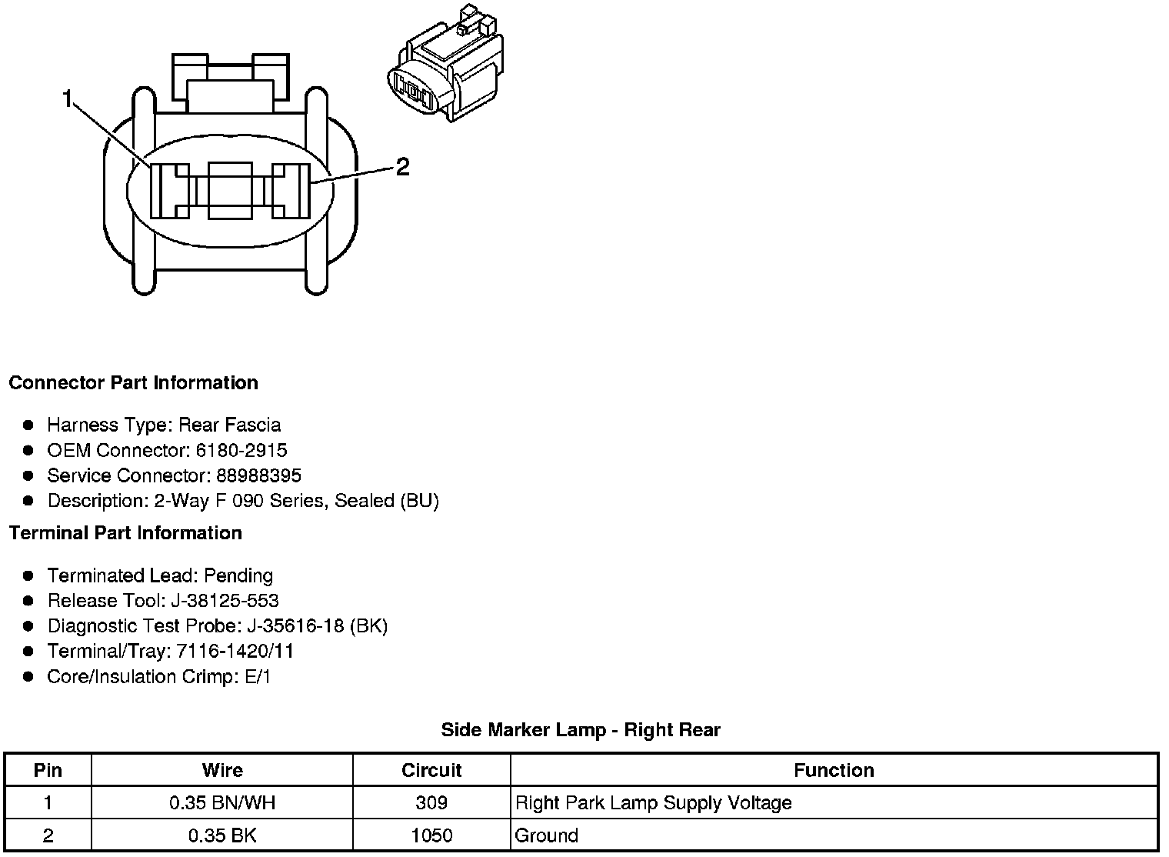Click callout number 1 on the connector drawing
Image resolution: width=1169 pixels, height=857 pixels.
[x=67, y=98]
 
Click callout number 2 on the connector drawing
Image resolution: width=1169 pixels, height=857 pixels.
[x=402, y=166]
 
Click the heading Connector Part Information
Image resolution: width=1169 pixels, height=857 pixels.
[x=133, y=383]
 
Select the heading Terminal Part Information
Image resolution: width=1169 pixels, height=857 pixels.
[x=125, y=533]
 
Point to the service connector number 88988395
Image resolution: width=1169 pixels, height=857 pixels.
[x=258, y=475]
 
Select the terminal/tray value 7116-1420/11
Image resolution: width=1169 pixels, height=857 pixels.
[x=235, y=652]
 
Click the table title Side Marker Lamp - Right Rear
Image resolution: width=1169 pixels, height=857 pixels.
[x=581, y=730]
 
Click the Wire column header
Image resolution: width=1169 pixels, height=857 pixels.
[x=222, y=770]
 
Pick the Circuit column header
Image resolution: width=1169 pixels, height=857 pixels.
[x=431, y=770]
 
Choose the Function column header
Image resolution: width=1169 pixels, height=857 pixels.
[x=834, y=770]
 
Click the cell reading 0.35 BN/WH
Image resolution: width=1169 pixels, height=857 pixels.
[x=222, y=803]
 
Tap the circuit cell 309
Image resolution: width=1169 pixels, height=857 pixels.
[x=431, y=803]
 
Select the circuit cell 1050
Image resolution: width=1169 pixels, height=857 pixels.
[x=431, y=835]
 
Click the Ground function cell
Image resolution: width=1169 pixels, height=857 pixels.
[x=546, y=835]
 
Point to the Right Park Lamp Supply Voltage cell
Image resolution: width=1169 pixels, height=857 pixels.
[x=653, y=803]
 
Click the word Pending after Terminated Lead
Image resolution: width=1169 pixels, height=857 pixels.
[x=238, y=575]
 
